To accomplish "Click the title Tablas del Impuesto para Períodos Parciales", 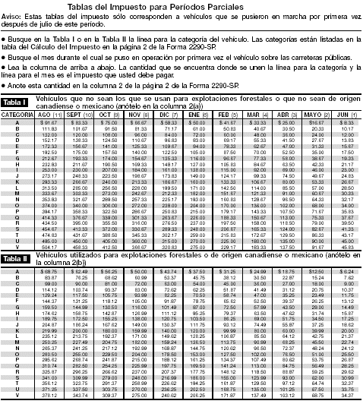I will (181, 6).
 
